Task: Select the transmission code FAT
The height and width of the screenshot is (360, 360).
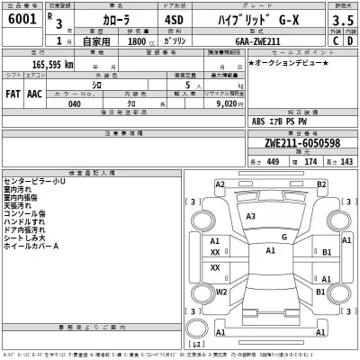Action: (x=13, y=93)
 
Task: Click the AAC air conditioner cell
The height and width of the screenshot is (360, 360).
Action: (x=34, y=93)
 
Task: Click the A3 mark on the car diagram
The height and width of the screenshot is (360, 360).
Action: (x=251, y=217)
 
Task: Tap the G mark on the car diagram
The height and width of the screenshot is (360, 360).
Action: (x=284, y=237)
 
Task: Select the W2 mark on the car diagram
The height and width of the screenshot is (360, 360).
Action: (x=221, y=292)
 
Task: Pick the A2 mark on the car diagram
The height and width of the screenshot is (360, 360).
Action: (x=220, y=184)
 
